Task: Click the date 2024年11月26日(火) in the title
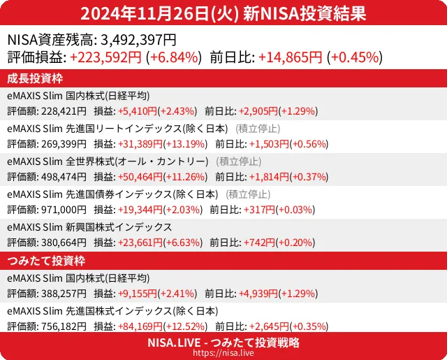[x=157, y=13]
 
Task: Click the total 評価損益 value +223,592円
[x=106, y=57]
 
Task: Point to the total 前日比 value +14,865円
[x=291, y=57]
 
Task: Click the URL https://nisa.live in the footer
[x=223, y=354]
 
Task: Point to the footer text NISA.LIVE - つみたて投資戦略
[x=223, y=343]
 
